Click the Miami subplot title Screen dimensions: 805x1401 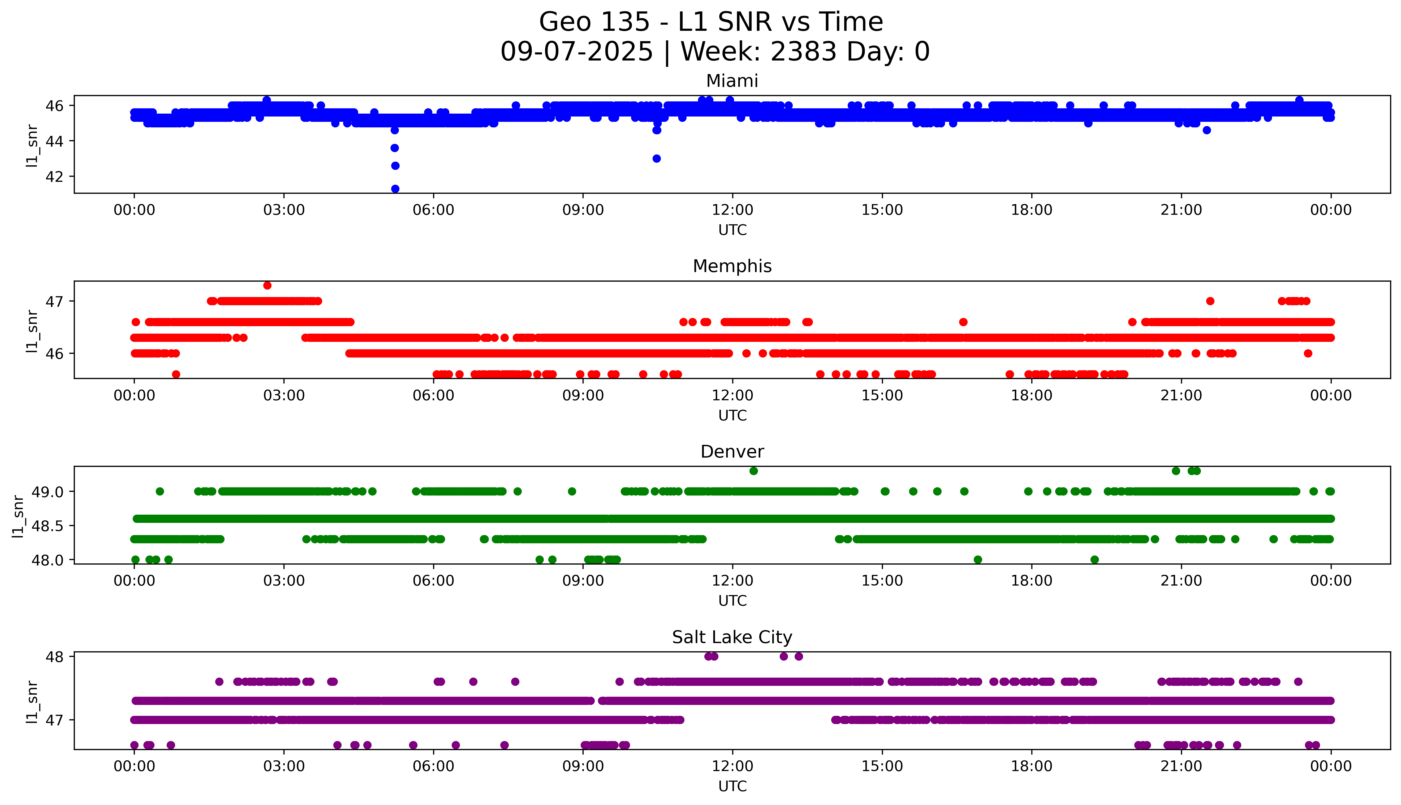tap(732, 81)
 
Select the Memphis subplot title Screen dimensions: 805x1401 tap(732, 266)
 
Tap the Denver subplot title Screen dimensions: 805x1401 tap(732, 452)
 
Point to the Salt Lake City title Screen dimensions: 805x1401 tap(732, 638)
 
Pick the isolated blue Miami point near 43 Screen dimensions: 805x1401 tap(657, 159)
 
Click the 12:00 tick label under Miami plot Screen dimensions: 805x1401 tap(732, 210)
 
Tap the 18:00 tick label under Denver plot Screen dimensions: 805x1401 tap(1031, 580)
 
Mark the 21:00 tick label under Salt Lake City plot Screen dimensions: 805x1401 tap(1181, 766)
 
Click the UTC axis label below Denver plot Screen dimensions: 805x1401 tap(732, 600)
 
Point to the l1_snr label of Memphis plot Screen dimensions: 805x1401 tap(32, 331)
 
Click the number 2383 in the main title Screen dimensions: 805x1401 tap(804, 52)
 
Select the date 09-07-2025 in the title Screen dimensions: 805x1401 tap(576, 52)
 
